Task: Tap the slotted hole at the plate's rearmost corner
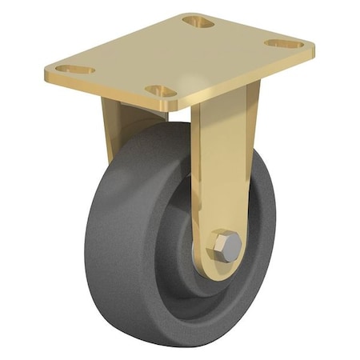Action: pos(198,22)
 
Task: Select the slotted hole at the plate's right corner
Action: pos(285,43)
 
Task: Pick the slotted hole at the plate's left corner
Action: pos(75,70)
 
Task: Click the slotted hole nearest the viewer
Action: pos(161,91)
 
